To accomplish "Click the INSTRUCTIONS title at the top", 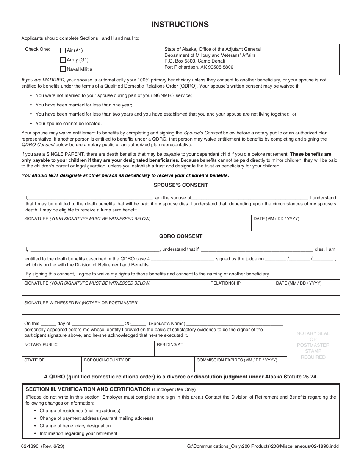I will (180, 25).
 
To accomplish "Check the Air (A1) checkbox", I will (63, 50).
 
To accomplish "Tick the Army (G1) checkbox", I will (63, 60).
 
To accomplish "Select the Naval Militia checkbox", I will (63, 69).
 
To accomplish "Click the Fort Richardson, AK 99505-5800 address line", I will (199, 67).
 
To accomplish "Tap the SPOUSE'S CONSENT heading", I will (180, 185).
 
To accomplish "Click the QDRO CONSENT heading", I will (180, 236).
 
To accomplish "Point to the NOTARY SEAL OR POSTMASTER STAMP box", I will (313, 345).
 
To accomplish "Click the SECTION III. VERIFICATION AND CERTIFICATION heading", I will (88, 389).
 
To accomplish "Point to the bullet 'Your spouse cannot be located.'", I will (68, 124).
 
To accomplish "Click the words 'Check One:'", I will (38, 49).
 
